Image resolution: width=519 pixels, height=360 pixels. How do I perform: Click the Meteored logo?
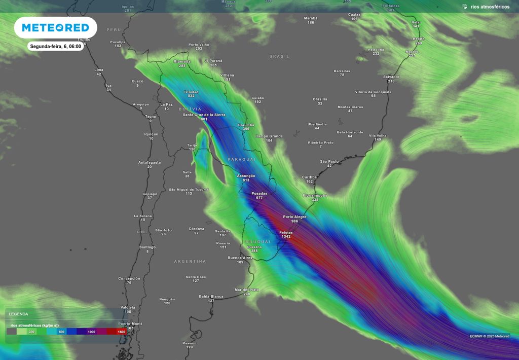[55, 27]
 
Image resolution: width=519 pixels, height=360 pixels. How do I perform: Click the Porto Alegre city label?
[294, 217]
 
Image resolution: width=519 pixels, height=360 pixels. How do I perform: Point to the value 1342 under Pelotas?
[286, 237]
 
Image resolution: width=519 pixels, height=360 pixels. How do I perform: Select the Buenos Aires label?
[240, 258]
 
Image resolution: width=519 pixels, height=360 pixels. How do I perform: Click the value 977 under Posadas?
[259, 198]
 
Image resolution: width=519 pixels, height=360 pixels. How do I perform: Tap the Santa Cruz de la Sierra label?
[204, 115]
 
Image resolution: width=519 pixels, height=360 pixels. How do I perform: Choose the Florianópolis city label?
[315, 195]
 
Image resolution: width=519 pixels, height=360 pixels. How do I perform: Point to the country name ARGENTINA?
[190, 261]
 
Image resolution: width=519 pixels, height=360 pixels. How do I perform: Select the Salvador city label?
[391, 77]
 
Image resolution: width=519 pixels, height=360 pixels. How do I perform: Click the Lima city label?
[99, 69]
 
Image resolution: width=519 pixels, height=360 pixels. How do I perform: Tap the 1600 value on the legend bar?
[121, 332]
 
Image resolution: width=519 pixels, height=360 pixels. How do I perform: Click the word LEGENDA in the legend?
[19, 314]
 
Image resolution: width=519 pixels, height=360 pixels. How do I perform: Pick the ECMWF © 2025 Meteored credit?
[490, 336]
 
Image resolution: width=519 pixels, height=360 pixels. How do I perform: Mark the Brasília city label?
[320, 99]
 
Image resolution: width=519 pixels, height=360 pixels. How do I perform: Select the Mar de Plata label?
[247, 290]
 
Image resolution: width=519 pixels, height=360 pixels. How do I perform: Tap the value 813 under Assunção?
[246, 181]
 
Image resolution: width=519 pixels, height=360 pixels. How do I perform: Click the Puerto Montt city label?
[130, 323]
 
